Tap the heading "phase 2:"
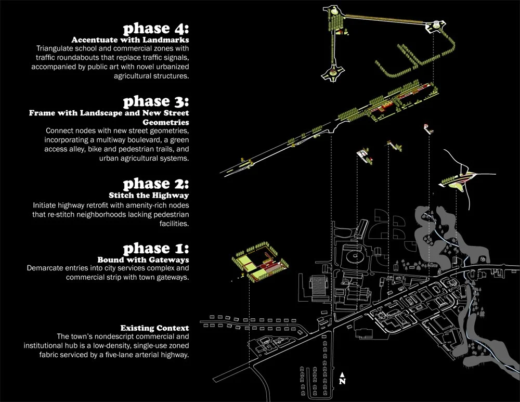tap(155, 184)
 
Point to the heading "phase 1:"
tap(155, 248)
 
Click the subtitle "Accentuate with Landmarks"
tap(130, 40)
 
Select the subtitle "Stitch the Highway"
tap(149, 196)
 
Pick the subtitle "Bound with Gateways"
tap(143, 259)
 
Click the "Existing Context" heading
tap(154, 328)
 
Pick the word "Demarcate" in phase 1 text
tap(46, 268)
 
